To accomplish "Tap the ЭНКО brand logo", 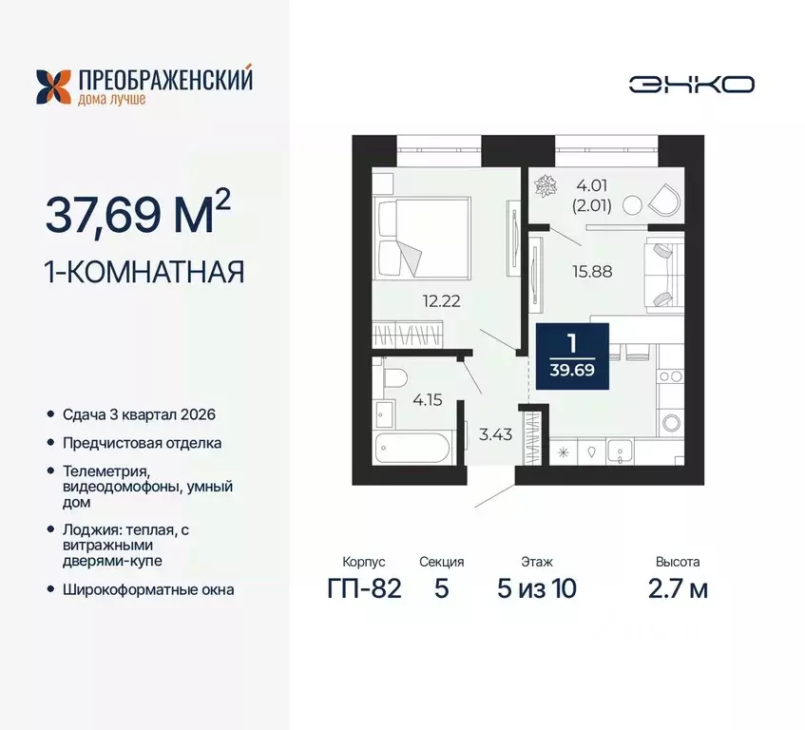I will click(x=691, y=84).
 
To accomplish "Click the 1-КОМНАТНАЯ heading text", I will click(x=144, y=272).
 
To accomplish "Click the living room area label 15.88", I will click(x=592, y=270).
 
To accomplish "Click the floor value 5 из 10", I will click(x=537, y=588).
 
